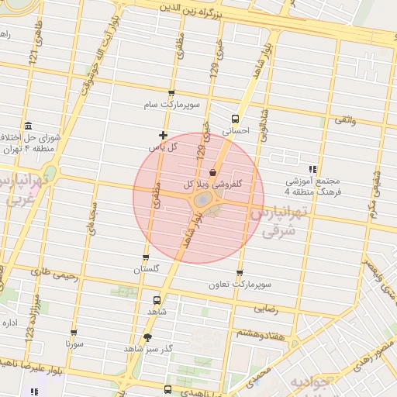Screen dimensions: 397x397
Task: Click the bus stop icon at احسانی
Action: point(235,119)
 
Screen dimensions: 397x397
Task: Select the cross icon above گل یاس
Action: point(162,135)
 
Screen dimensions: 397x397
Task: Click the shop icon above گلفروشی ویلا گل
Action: point(213,172)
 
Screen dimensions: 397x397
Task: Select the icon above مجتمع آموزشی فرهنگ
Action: point(312,168)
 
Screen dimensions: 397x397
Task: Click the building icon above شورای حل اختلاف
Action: point(29,126)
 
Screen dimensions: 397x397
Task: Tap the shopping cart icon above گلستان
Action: point(146,258)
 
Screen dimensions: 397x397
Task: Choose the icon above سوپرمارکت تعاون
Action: point(239,273)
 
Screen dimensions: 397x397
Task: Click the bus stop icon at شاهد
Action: point(158,299)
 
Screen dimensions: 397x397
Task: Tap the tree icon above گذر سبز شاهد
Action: point(148,337)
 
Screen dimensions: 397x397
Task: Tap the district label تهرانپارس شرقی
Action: point(279,221)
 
